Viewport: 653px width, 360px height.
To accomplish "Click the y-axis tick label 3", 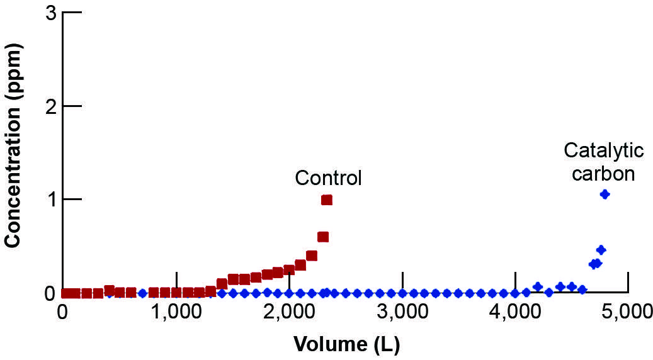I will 51,14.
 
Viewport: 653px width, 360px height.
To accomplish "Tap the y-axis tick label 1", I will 51,200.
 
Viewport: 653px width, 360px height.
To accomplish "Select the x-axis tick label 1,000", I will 176,313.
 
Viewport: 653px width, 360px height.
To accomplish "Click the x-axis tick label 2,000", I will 289,313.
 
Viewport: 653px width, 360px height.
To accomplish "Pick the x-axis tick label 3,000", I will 403,313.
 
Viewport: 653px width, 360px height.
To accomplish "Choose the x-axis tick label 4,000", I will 516,313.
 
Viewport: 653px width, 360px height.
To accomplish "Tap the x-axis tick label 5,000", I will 628,313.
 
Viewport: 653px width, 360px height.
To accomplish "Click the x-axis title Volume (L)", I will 346,344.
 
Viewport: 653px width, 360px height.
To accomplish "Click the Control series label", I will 329,178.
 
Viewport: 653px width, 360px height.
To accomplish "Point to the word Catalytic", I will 603,151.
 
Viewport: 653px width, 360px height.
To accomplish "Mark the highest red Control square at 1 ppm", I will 326,200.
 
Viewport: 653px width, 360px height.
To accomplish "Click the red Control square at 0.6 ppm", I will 323,237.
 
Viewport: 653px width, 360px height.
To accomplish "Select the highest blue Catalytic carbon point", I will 605,194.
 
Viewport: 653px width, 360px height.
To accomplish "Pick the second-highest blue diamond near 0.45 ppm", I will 601,250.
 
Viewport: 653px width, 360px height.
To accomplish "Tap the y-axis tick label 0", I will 51,293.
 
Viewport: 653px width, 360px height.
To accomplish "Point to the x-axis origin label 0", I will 62,313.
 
